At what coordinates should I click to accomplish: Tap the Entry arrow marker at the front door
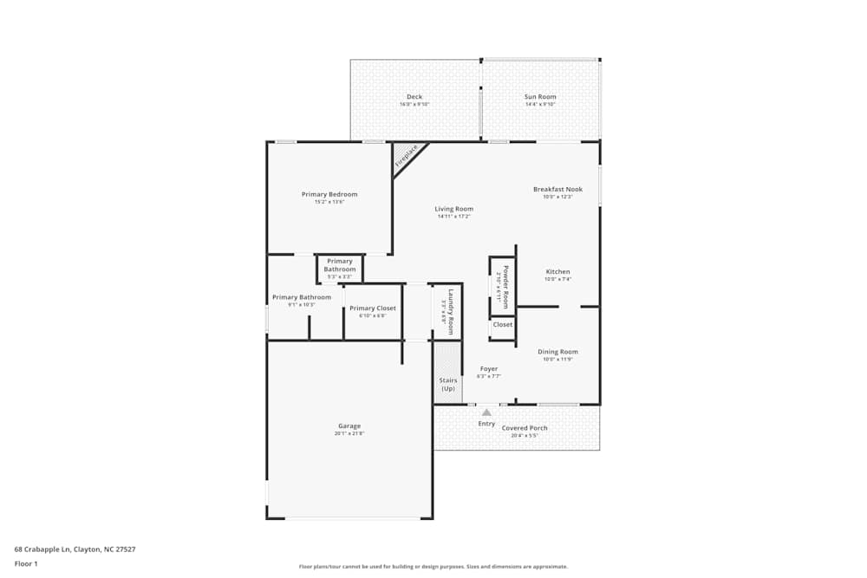pos(486,412)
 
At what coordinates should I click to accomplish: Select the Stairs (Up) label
pos(448,384)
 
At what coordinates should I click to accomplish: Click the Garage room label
pos(349,425)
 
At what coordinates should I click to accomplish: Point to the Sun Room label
pos(540,97)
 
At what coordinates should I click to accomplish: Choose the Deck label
pos(414,97)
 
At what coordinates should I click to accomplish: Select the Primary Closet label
pos(373,308)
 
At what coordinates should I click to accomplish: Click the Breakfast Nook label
pos(557,189)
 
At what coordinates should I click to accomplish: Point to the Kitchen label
pos(557,272)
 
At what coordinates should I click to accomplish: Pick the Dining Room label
pos(557,352)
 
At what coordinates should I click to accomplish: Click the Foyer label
pos(489,369)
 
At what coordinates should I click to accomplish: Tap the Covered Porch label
pos(525,428)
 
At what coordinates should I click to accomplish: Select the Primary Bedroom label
pos(329,194)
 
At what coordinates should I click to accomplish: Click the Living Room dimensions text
pos(454,217)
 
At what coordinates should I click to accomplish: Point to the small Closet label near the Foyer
pos(503,325)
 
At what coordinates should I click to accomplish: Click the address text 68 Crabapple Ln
pos(75,549)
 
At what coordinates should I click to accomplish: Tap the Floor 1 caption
pos(26,563)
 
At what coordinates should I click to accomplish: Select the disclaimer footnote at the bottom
pos(433,567)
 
